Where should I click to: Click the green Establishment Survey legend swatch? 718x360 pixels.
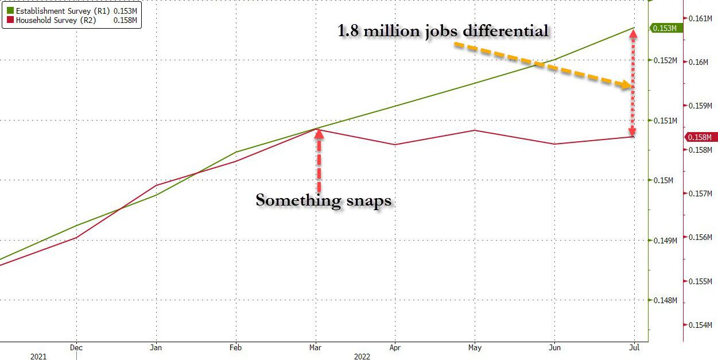coord(10,10)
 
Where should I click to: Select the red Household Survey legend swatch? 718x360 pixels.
coord(10,20)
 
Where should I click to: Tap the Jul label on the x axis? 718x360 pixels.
coord(634,347)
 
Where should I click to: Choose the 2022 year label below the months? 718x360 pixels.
coord(362,357)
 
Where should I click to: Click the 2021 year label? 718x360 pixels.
coord(38,357)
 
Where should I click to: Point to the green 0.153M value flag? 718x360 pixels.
coord(665,28)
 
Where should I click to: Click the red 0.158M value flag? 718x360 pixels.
coord(700,137)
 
